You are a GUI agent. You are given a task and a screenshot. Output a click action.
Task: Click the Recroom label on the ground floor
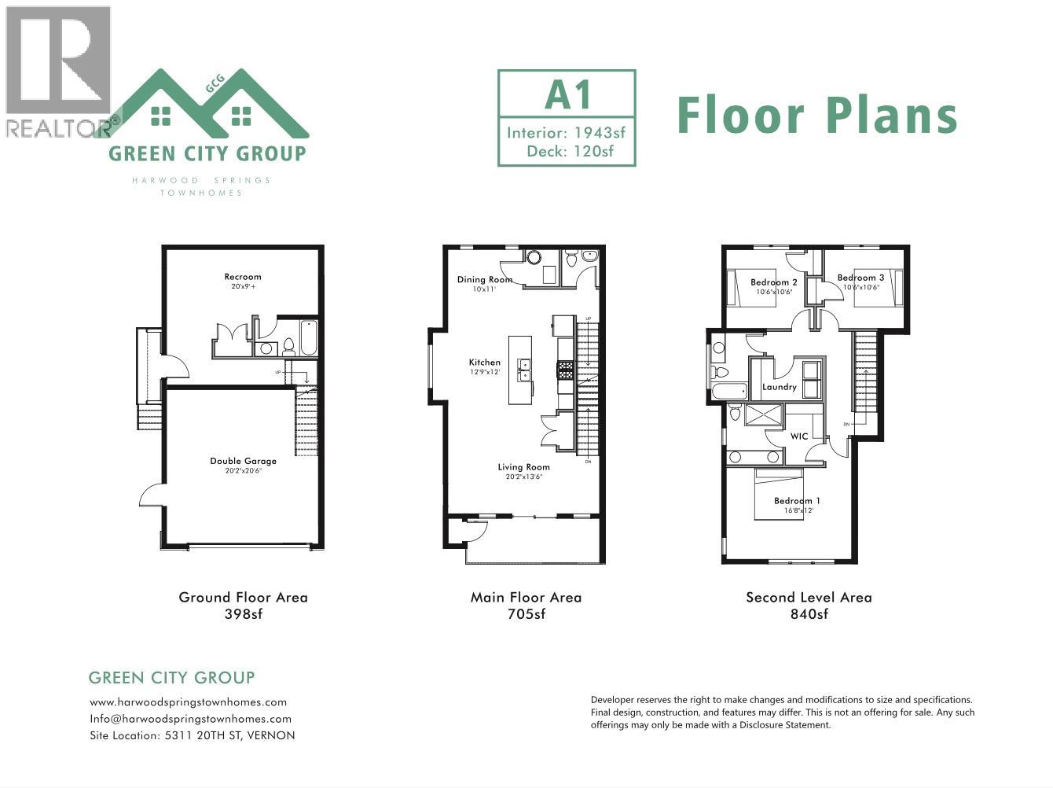(x=242, y=277)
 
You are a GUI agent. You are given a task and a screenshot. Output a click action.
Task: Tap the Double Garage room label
(x=243, y=461)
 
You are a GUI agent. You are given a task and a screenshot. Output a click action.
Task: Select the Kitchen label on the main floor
(x=484, y=363)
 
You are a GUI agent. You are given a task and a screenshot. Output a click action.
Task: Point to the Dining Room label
(x=484, y=279)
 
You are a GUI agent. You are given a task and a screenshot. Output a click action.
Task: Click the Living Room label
(x=523, y=467)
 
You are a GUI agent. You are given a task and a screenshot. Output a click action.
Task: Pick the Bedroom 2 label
(x=773, y=282)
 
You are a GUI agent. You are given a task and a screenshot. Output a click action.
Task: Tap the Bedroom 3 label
(x=860, y=278)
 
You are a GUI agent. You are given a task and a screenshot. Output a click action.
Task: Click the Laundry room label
(x=779, y=387)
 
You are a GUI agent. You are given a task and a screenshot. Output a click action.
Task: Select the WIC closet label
(x=799, y=436)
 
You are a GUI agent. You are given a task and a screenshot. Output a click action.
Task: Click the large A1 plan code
(x=567, y=96)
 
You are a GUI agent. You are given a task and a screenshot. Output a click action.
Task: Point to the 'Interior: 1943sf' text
(x=566, y=132)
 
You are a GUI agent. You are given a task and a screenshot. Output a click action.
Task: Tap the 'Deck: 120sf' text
(x=570, y=151)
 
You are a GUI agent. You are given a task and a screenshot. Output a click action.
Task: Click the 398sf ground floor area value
(x=243, y=614)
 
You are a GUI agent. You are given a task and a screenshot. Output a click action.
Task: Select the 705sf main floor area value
(x=526, y=614)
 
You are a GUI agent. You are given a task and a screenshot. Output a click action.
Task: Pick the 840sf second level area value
(x=809, y=614)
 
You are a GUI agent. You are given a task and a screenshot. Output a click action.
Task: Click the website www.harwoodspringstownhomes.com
(x=188, y=702)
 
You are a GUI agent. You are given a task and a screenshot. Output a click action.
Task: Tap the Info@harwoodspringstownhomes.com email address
(x=190, y=719)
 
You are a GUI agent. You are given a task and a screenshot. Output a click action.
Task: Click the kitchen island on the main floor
(x=519, y=370)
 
